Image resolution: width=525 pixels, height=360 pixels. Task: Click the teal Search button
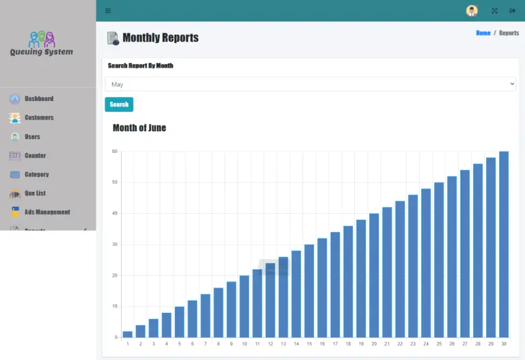119,105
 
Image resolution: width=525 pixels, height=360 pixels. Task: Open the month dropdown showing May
310,84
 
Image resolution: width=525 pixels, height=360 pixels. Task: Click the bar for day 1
128,334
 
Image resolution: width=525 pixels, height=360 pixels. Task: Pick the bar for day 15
309,291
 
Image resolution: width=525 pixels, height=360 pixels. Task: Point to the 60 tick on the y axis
115,151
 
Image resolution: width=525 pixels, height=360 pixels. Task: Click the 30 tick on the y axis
115,245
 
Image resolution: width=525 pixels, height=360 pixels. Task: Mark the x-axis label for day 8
218,344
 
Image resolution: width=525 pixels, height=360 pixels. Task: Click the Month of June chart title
139,128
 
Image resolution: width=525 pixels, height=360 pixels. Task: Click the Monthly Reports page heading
160,38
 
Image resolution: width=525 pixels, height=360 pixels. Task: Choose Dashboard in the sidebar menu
39,98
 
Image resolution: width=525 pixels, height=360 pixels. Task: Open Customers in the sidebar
39,117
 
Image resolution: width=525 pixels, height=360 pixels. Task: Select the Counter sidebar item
35,156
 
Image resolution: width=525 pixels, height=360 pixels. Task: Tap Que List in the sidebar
35,193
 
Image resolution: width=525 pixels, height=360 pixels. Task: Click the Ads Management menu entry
47,212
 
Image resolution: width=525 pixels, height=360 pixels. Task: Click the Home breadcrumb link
483,33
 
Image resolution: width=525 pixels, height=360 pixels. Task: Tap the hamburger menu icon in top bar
108,10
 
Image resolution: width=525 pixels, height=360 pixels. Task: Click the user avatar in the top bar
472,10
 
